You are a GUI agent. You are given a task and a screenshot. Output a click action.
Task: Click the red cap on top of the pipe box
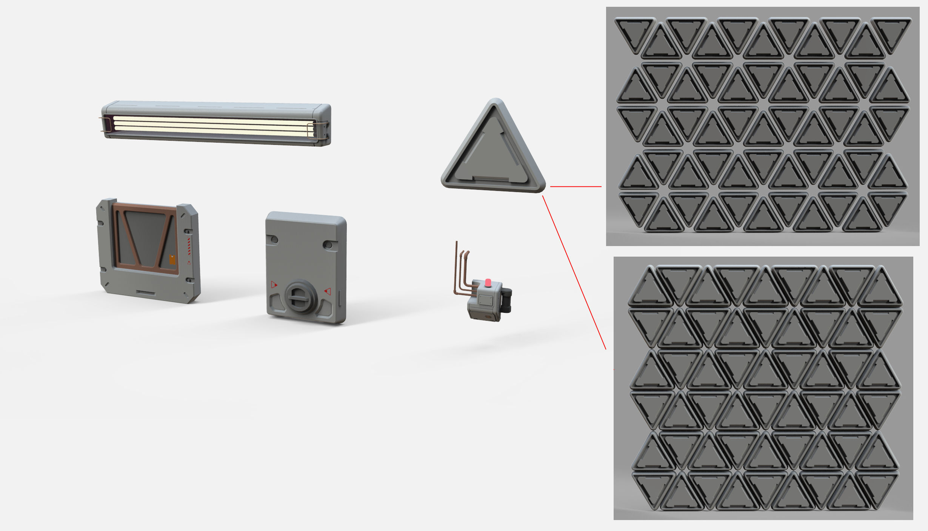pos(488,282)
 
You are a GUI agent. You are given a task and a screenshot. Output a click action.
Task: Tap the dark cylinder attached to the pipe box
pos(507,300)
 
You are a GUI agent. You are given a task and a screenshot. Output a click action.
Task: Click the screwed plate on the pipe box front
pos(484,300)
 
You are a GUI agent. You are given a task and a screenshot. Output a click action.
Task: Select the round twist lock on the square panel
pos(300,296)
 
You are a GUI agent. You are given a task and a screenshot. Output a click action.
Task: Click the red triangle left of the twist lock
pos(274,285)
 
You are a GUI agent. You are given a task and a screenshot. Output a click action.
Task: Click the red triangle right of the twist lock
pos(328,291)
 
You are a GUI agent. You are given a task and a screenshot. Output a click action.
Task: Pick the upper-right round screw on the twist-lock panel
pos(329,245)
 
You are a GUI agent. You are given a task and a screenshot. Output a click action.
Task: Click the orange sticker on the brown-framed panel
pos(172,260)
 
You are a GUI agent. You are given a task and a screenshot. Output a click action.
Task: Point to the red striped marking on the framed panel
pos(189,246)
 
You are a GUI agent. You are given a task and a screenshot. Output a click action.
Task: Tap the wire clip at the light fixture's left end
pos(107,125)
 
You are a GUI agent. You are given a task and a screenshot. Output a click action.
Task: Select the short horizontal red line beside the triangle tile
pos(576,186)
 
